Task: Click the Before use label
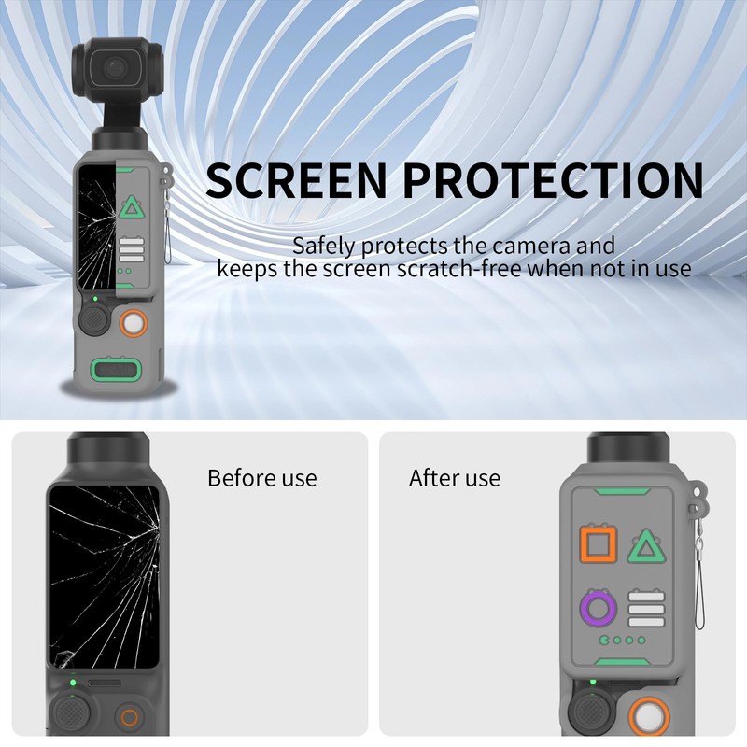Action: tap(262, 478)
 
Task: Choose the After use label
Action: tap(455, 478)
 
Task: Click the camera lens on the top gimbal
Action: tap(114, 67)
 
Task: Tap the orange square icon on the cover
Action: tap(599, 543)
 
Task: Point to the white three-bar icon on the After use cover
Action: tap(646, 609)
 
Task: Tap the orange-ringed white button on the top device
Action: tap(134, 323)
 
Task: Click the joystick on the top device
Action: tap(94, 320)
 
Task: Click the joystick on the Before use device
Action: tap(72, 713)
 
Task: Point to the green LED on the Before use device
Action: tap(73, 683)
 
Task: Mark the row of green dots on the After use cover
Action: tap(623, 640)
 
